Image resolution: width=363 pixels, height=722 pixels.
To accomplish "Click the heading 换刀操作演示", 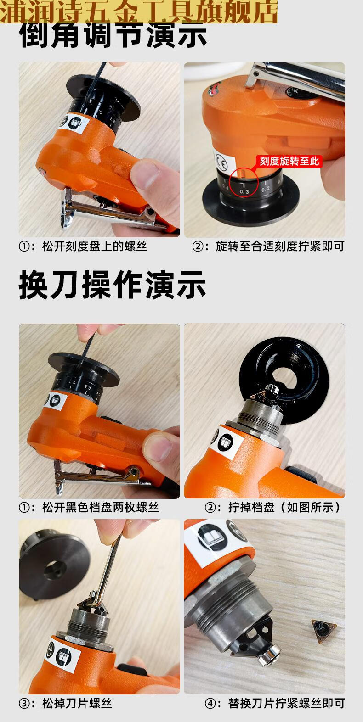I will point(113,285).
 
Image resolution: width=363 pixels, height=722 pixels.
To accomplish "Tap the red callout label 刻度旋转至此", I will point(289,161).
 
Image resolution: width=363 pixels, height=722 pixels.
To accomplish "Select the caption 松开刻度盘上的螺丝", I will point(83,246).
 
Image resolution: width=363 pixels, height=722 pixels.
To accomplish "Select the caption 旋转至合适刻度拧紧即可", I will point(268,246).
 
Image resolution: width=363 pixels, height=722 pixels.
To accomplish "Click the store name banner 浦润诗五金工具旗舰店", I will point(139,11).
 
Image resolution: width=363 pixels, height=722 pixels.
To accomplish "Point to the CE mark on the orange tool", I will point(220,162).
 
